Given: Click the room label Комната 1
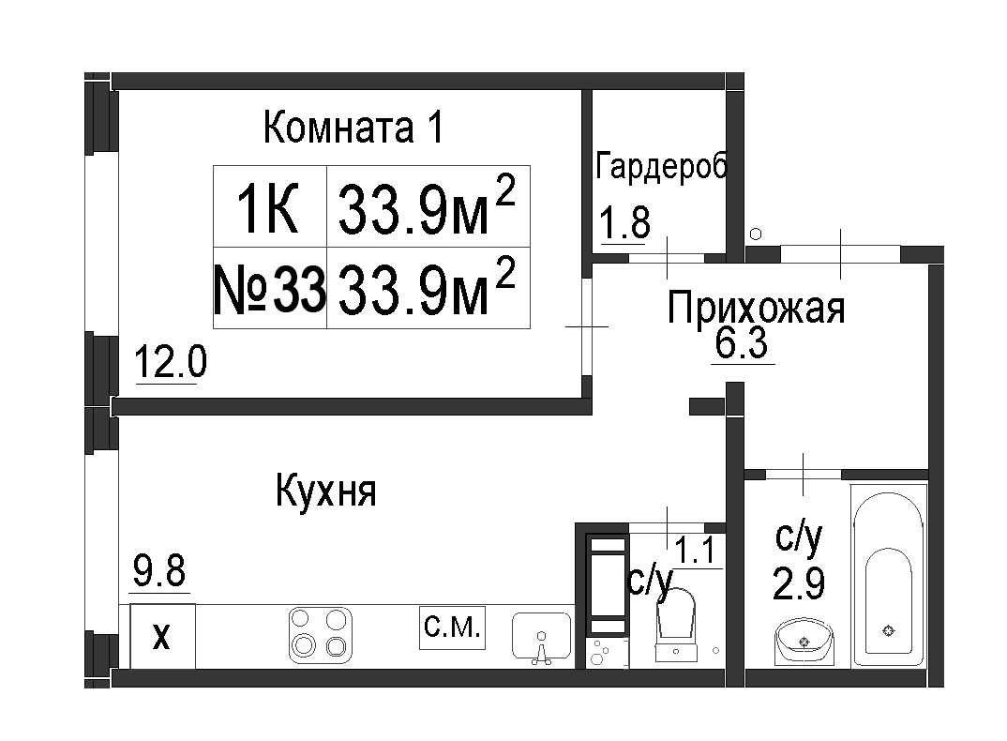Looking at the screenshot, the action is click(353, 128).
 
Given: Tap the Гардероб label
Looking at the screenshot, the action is click(661, 166).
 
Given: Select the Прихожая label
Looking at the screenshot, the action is click(756, 308).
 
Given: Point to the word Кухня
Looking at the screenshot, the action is click(326, 491).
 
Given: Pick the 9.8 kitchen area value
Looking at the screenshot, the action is click(159, 570).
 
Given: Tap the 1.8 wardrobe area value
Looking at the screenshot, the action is click(624, 222).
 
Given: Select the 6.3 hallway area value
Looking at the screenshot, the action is click(742, 344).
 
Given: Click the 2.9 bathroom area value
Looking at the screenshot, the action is click(798, 582).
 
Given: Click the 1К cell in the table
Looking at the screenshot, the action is click(270, 206).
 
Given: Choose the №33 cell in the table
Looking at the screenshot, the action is click(270, 288).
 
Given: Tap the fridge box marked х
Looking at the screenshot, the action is click(162, 636).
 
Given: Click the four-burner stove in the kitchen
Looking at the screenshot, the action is click(321, 635).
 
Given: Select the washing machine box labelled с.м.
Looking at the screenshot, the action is click(452, 628).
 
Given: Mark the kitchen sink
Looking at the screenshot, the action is click(541, 638).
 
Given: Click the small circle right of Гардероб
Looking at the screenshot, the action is click(756, 234).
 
